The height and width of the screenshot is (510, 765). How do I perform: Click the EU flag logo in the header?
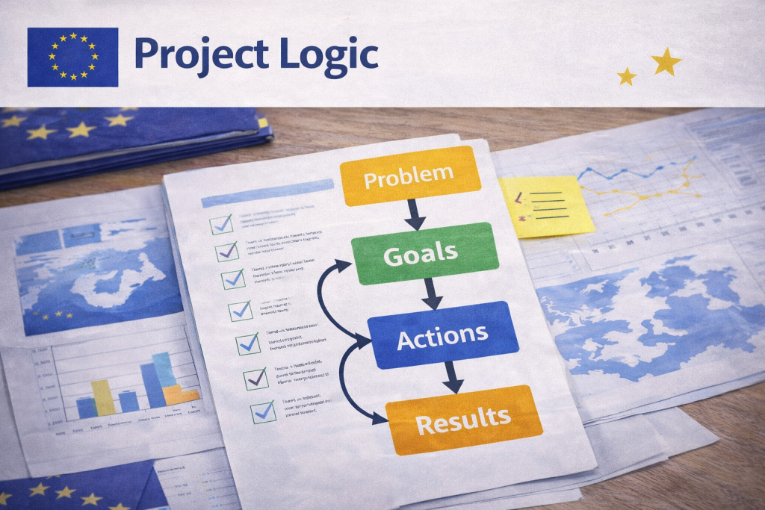(x=72, y=57)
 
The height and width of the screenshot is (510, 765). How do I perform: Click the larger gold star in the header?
(x=666, y=62)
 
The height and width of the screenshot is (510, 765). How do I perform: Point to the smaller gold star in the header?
(x=627, y=75)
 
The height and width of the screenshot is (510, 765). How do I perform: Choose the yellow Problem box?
(x=409, y=176)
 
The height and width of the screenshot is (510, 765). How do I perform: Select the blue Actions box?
(x=443, y=337)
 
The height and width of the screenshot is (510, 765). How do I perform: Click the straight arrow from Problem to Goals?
(x=415, y=215)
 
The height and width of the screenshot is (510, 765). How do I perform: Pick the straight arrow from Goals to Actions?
(x=432, y=294)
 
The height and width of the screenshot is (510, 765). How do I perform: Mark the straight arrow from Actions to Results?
(x=451, y=378)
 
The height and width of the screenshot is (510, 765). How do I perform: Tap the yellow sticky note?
(x=547, y=206)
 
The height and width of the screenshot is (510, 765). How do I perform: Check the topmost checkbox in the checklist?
(x=221, y=223)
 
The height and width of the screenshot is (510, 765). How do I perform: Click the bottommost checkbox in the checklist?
(x=263, y=411)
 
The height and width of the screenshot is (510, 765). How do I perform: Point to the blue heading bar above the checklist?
(x=267, y=193)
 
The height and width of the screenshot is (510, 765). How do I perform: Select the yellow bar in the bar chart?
(x=103, y=397)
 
